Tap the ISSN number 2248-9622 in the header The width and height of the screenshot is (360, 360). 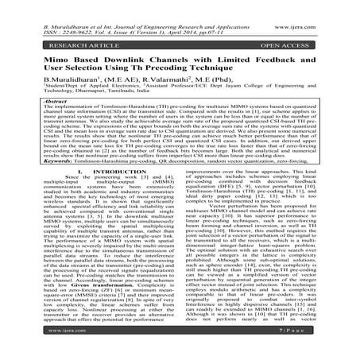click(48, 16)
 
